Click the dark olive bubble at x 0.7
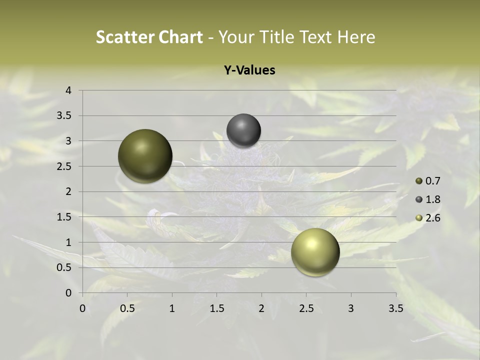pyautogui.click(x=145, y=156)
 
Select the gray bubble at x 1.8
pyautogui.click(x=243, y=130)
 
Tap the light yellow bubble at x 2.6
pyautogui.click(x=315, y=252)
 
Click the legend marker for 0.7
pyautogui.click(x=419, y=181)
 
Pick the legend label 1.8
pyautogui.click(x=432, y=199)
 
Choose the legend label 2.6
pyautogui.click(x=432, y=218)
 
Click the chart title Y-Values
pyautogui.click(x=249, y=70)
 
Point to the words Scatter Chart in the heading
pyautogui.click(x=149, y=37)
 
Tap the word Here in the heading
pyautogui.click(x=356, y=37)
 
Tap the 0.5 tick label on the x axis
pyautogui.click(x=127, y=308)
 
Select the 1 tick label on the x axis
pyautogui.click(x=172, y=308)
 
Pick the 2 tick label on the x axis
pyautogui.click(x=261, y=308)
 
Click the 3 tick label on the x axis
pyautogui.click(x=351, y=308)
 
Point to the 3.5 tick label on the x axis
pyautogui.click(x=395, y=308)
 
